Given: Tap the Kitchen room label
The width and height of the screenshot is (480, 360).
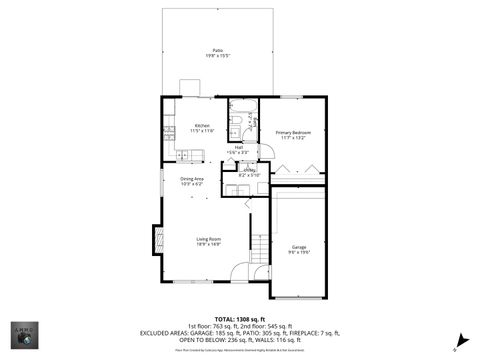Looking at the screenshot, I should [x=195, y=128].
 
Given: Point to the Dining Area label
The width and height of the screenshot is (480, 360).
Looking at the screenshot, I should [x=192, y=181].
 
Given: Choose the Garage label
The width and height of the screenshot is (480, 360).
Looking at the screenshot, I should [x=298, y=249].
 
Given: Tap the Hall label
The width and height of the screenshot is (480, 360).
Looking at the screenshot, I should [x=239, y=149].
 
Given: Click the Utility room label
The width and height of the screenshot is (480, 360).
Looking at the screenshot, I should [x=247, y=172].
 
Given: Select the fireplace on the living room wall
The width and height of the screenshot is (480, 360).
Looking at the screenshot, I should [x=157, y=237].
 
